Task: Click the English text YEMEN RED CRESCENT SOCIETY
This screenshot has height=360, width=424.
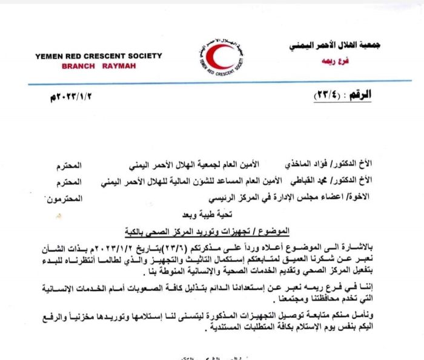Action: point(99,56)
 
